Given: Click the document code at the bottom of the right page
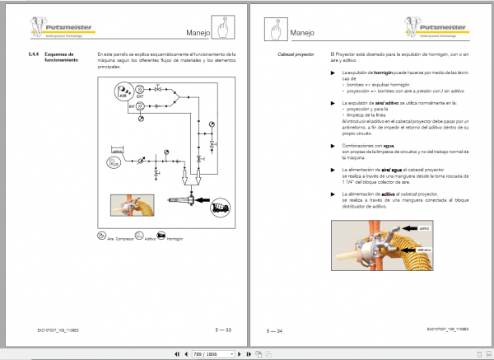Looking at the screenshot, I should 450,330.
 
